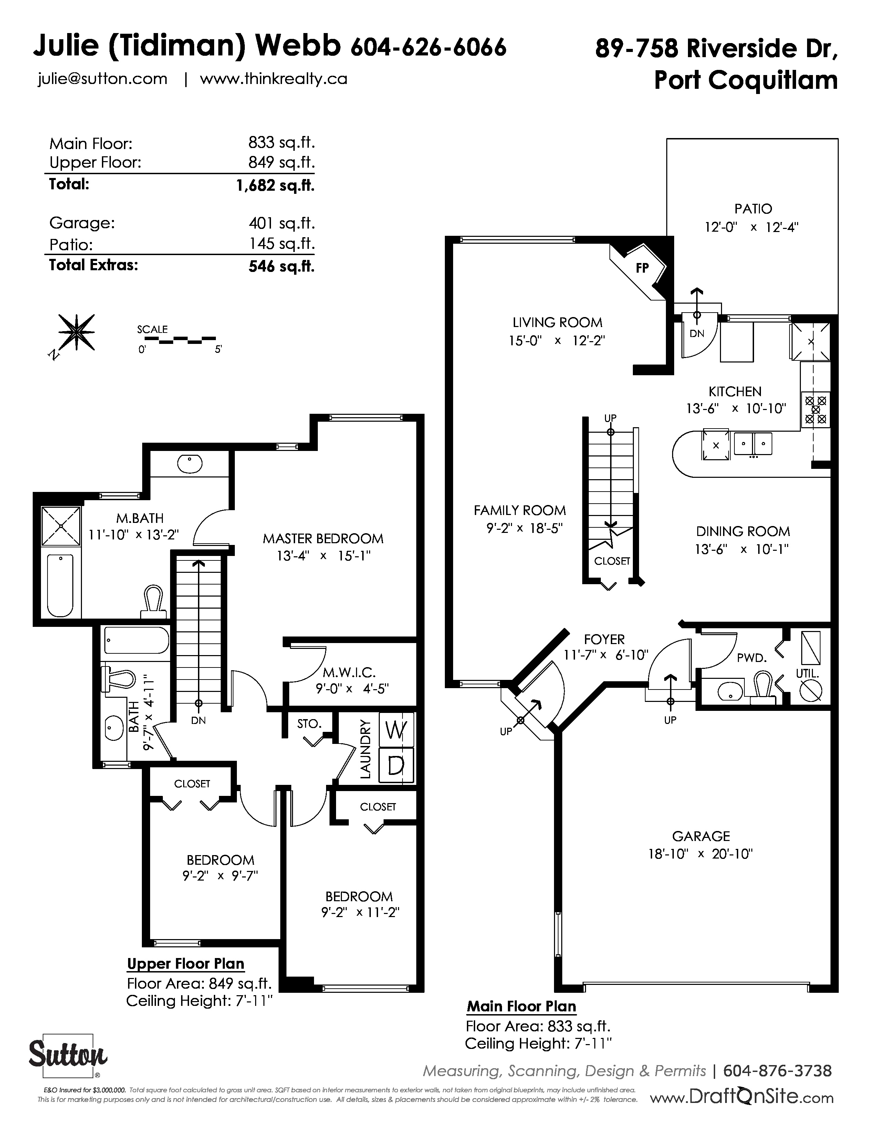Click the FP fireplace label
[x=642, y=268]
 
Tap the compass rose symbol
[x=76, y=333]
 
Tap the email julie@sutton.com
[x=103, y=79]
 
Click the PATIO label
[x=753, y=209]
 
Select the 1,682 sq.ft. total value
[x=275, y=185]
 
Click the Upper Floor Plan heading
[x=186, y=964]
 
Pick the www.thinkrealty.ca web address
[x=274, y=79]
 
